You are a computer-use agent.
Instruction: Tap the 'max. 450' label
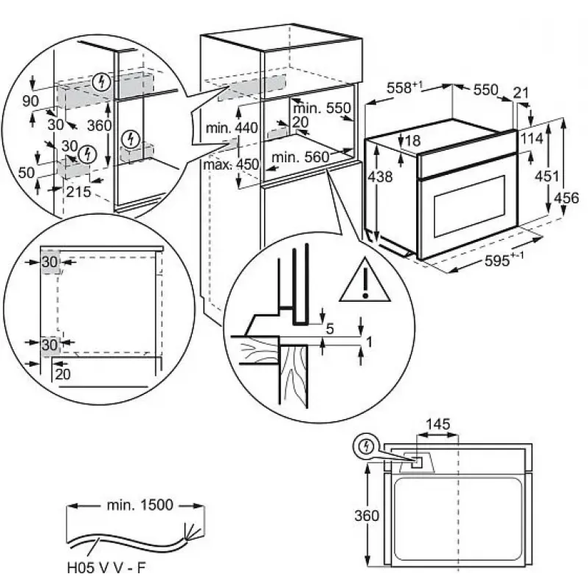point(232,164)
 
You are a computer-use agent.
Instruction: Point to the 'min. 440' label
point(232,128)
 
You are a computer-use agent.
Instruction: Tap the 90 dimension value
point(30,100)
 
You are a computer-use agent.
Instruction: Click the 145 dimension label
point(438,424)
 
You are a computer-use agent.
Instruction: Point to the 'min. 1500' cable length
point(138,505)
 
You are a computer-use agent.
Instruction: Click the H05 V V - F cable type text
point(103,569)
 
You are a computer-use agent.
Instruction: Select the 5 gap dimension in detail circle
point(329,329)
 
